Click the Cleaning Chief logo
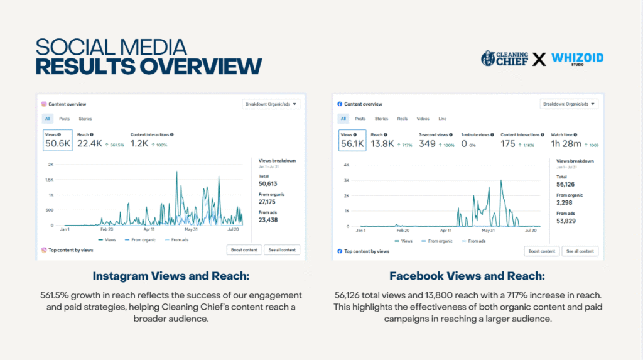pyautogui.click(x=504, y=59)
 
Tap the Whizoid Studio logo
pyautogui.click(x=577, y=59)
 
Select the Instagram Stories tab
pyautogui.click(x=85, y=119)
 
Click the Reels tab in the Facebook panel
pyautogui.click(x=402, y=119)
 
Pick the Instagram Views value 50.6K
pyautogui.click(x=57, y=144)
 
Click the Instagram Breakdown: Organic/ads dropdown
pyautogui.click(x=272, y=104)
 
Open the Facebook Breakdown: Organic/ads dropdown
pyautogui.click(x=569, y=104)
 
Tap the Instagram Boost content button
pyautogui.click(x=244, y=250)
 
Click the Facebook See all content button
pyautogui.click(x=580, y=251)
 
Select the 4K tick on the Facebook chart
pyautogui.click(x=346, y=165)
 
